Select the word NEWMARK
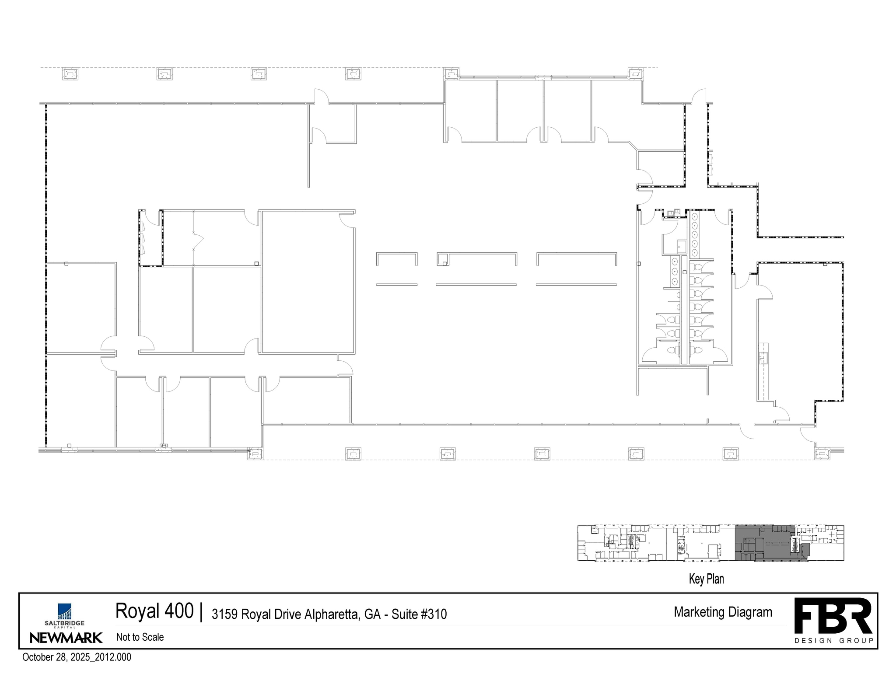coord(66,638)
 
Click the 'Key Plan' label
coord(706,579)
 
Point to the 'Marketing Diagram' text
coord(723,612)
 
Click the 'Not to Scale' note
coord(140,637)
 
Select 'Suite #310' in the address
coord(419,614)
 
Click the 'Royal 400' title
coord(154,611)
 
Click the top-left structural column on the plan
coord(70,74)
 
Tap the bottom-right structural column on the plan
coord(822,454)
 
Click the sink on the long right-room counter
coord(764,358)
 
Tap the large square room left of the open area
coord(308,282)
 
